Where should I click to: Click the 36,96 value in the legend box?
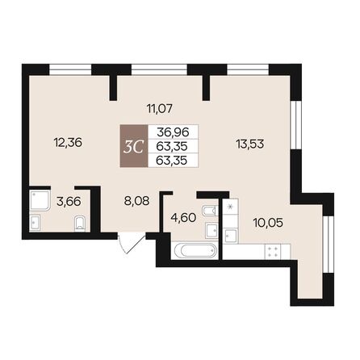coord(172,132)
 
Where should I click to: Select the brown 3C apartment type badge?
coord(134,145)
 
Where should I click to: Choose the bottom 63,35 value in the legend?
coord(172,159)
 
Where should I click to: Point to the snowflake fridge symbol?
coord(233,207)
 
